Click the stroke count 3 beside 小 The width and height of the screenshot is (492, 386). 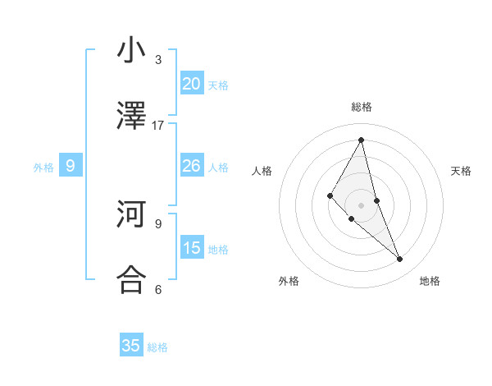(158, 60)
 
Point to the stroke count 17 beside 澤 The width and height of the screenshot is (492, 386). (158, 126)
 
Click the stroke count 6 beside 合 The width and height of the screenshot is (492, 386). (158, 289)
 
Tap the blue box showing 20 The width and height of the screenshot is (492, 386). (192, 83)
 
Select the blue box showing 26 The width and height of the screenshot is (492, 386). (192, 166)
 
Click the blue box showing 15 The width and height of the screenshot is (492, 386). (192, 247)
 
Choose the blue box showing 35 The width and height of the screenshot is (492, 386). (131, 346)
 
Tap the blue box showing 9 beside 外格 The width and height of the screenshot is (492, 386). (71, 166)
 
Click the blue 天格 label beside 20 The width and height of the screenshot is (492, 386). (218, 85)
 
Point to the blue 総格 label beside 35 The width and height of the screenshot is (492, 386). (157, 347)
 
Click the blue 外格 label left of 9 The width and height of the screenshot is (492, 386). (43, 168)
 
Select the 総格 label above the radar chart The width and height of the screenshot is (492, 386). (362, 107)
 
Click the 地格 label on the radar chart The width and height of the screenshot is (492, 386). (430, 281)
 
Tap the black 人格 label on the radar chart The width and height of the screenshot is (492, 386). (262, 171)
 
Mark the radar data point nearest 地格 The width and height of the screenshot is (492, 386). (400, 260)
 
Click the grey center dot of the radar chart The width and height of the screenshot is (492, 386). (361, 204)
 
